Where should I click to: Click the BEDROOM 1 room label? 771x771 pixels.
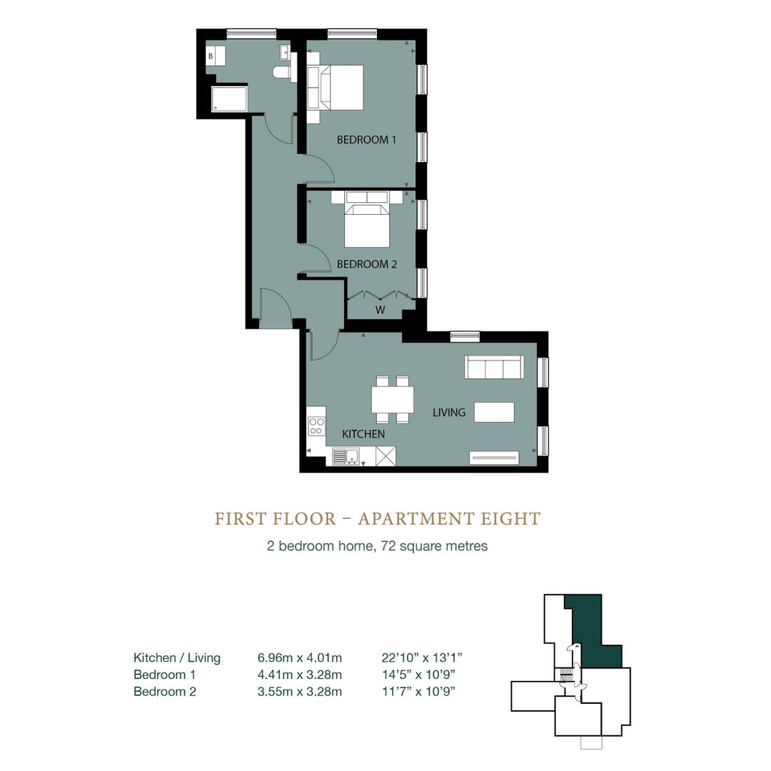click(x=366, y=140)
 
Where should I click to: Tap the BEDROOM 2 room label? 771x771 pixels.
click(x=367, y=264)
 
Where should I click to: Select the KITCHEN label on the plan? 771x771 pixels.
click(x=363, y=434)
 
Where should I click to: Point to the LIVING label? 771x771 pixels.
click(x=449, y=413)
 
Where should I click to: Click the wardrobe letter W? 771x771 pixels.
click(x=380, y=311)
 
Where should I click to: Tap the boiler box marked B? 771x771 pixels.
click(x=216, y=56)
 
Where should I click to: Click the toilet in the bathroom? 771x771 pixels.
click(x=282, y=72)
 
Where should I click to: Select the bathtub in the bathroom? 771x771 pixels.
click(x=229, y=99)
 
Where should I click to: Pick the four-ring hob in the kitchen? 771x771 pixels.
click(x=317, y=426)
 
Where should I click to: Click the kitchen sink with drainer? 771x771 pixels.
click(x=346, y=456)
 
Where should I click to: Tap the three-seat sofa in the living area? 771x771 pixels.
click(x=494, y=367)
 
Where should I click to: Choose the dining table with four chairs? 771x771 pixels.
click(x=393, y=399)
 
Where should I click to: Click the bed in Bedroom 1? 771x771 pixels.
click(x=336, y=87)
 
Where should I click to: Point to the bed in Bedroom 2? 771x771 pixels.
click(x=367, y=219)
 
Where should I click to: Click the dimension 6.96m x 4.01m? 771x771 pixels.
click(x=299, y=658)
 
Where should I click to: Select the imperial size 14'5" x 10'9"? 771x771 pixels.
click(x=418, y=675)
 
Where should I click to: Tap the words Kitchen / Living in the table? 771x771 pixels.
click(x=177, y=658)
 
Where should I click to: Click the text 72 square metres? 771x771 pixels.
click(x=434, y=546)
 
